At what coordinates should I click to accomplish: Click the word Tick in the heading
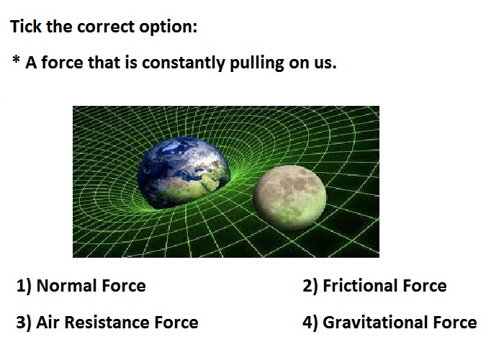pyautogui.click(x=26, y=26)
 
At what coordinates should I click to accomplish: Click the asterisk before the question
pyautogui.click(x=16, y=60)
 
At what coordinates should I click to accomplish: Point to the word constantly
pyautogui.click(x=183, y=63)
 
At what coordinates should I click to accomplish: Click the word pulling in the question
pyautogui.click(x=256, y=63)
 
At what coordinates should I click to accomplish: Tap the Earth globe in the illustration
pyautogui.click(x=184, y=174)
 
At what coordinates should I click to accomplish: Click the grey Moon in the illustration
pyautogui.click(x=289, y=197)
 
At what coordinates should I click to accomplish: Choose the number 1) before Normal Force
pyautogui.click(x=24, y=286)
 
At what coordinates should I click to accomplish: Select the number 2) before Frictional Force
pyautogui.click(x=310, y=286)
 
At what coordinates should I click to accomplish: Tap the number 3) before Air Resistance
pyautogui.click(x=24, y=323)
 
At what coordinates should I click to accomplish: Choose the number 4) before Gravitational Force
pyautogui.click(x=310, y=323)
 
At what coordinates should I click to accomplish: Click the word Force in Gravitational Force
pyautogui.click(x=455, y=323)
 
